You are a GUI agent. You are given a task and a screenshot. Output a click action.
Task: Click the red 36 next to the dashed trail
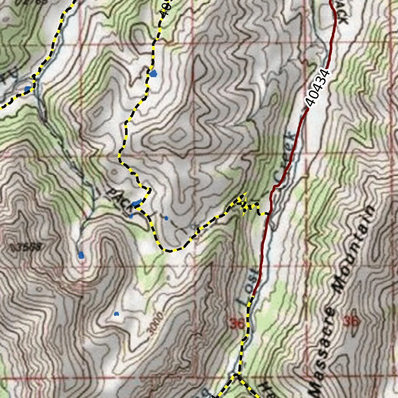point(237,323)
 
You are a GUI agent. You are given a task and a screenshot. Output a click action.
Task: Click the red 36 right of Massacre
point(351,321)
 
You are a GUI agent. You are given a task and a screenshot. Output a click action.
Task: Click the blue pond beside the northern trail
point(153,73)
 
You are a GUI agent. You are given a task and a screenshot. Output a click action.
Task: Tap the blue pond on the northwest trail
point(28,89)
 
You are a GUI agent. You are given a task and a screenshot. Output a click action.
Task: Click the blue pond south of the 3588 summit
point(81,255)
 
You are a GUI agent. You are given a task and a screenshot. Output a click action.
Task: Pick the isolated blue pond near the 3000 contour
point(116,314)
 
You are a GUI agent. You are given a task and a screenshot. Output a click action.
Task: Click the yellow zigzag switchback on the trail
point(243,204)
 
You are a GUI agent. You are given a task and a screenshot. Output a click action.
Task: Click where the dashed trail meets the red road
point(268,213)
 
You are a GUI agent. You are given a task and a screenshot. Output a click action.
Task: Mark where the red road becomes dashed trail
point(253,295)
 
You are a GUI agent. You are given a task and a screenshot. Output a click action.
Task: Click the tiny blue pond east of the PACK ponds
point(166,218)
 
